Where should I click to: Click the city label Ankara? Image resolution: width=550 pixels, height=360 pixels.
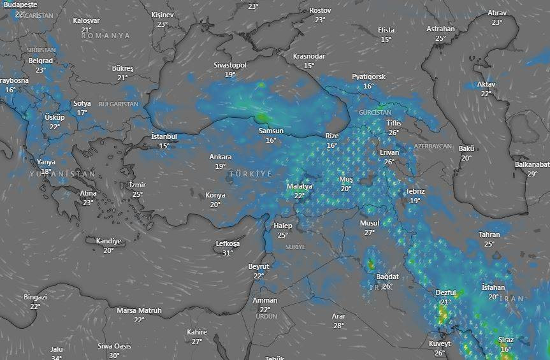[221, 157]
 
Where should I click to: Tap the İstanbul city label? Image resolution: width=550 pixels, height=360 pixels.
[164, 136]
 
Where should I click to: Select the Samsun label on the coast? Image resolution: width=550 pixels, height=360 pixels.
[271, 131]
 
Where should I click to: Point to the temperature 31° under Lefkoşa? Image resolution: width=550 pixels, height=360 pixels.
[228, 253]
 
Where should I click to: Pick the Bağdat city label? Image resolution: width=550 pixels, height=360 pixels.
[387, 277]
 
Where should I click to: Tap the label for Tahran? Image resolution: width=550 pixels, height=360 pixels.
[489, 234]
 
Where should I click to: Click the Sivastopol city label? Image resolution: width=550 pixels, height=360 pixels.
[229, 65]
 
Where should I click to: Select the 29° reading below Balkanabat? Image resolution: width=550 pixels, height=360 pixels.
[532, 174]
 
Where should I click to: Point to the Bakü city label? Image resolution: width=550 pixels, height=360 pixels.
[467, 148]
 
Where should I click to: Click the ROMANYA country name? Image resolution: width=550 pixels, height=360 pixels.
[105, 36]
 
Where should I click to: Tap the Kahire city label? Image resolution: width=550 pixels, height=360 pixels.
[197, 332]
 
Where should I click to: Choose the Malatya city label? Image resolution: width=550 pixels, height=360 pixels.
[299, 186]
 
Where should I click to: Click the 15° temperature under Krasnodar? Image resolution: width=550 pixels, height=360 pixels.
[309, 66]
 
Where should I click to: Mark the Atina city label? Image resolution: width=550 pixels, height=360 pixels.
[88, 193]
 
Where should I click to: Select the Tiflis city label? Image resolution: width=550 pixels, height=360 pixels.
[394, 123]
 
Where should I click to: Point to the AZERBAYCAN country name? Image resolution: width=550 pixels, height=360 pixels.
[432, 146]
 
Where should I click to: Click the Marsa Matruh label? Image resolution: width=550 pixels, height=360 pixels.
[139, 310]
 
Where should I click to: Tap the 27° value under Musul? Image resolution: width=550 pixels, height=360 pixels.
[369, 233]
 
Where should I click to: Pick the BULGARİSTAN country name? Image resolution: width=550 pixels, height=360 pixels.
[119, 103]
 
